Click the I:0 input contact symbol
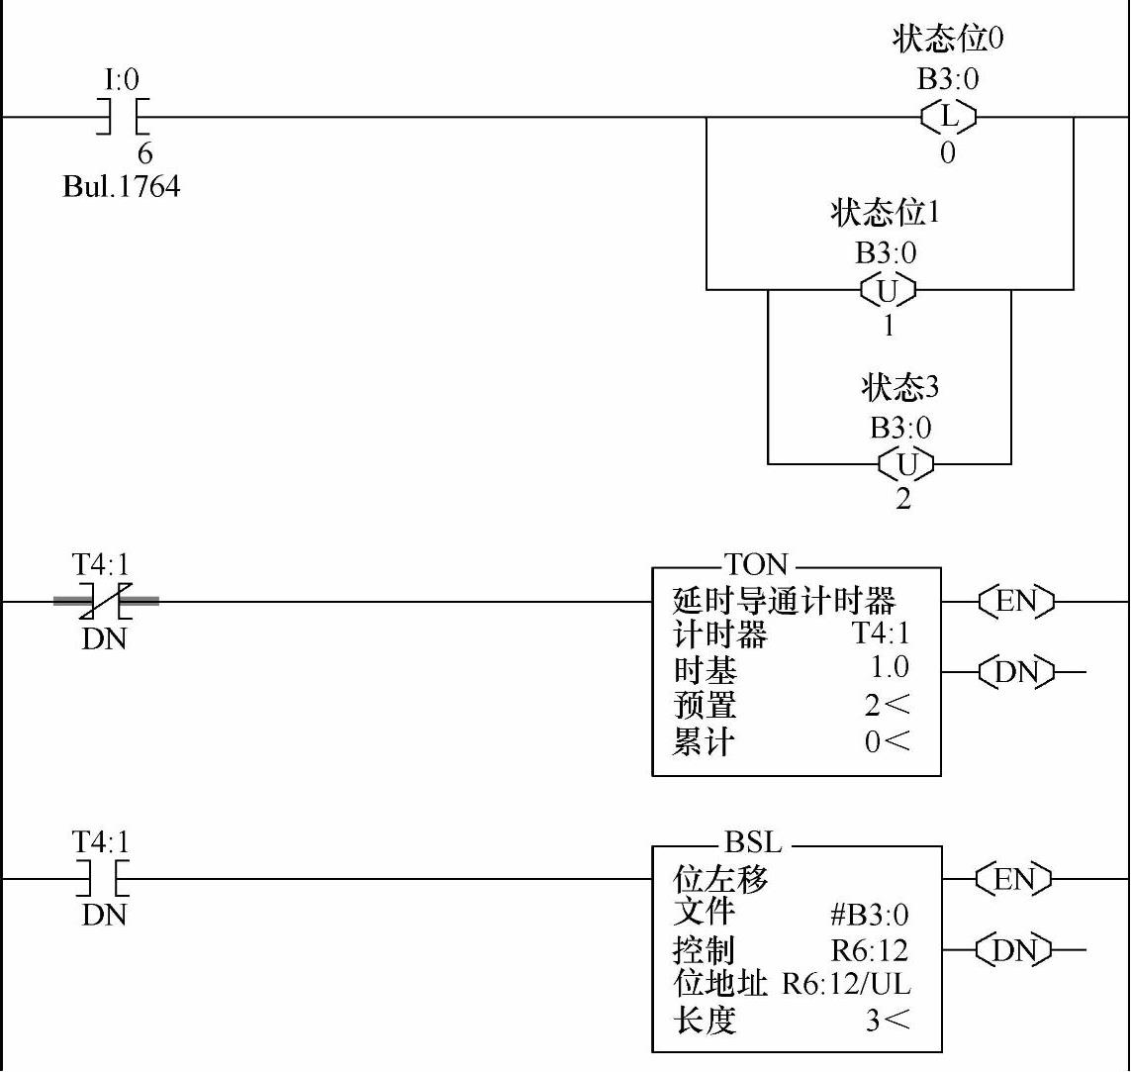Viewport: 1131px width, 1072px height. pos(122,117)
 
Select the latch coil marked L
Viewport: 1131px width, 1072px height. pos(948,117)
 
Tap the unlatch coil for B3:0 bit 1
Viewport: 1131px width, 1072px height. pos(888,290)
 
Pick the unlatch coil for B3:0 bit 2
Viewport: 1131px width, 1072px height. pos(902,463)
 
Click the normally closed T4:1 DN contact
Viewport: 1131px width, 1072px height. pos(105,600)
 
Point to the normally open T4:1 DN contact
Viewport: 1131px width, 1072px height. pos(105,878)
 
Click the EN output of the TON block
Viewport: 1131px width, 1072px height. pos(1014,601)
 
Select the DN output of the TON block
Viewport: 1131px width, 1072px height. pos(1014,673)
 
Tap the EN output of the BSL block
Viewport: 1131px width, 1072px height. pos(1014,878)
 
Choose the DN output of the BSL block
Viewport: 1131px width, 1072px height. pos(1014,950)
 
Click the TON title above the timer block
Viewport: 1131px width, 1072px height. pos(756,565)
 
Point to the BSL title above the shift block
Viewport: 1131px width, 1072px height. pos(753,843)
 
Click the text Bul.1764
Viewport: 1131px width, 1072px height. pos(121,187)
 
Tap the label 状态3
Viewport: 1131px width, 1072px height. pos(899,388)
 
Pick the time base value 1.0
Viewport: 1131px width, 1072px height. pos(889,667)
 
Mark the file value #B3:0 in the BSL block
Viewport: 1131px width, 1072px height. pos(869,915)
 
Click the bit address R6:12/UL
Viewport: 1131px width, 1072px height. pos(846,985)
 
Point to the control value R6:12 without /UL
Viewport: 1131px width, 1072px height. pos(869,950)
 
